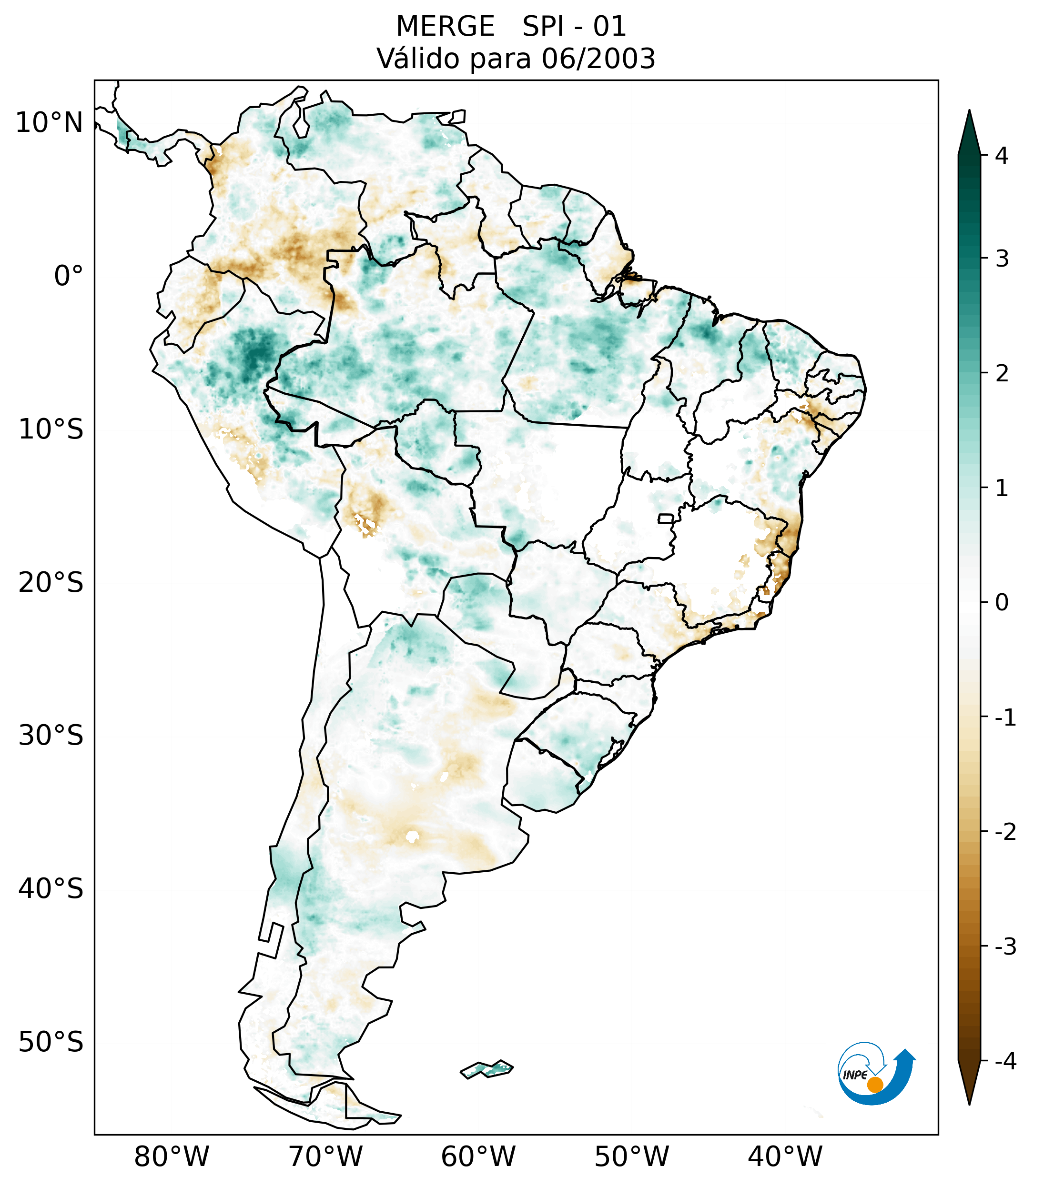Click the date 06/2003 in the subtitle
[x=598, y=59]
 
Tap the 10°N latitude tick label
[x=50, y=123]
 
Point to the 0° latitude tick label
[x=69, y=276]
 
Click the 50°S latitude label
[x=51, y=1042]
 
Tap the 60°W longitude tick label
[x=478, y=1156]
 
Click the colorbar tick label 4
[x=1002, y=156]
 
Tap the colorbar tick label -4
[x=1005, y=1061]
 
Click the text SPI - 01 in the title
[x=574, y=27]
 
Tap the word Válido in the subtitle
[x=416, y=59]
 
